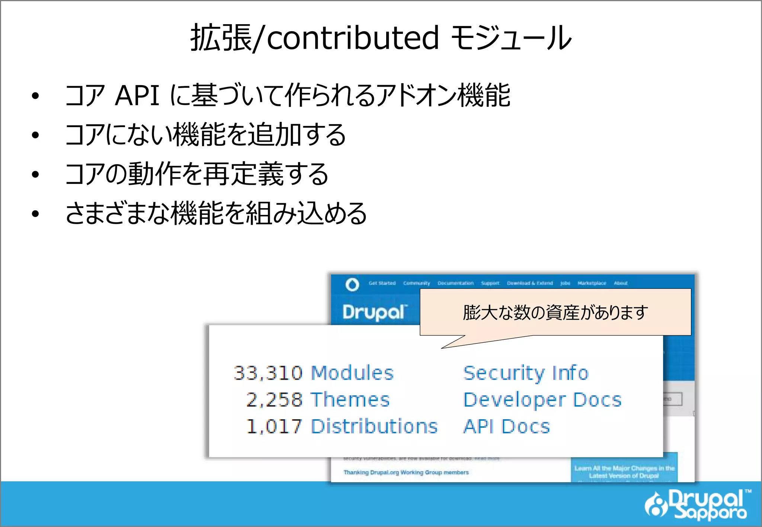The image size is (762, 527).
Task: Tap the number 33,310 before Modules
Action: (268, 373)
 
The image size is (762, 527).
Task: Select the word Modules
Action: (352, 373)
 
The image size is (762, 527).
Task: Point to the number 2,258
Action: (274, 400)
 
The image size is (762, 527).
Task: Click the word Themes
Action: (350, 400)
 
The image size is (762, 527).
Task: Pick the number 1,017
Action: (274, 426)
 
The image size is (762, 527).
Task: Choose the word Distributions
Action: (374, 426)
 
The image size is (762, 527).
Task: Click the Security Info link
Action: (526, 373)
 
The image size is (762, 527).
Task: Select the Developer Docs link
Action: (542, 400)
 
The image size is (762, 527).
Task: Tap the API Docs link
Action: (507, 426)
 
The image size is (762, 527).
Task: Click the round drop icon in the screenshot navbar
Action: (352, 284)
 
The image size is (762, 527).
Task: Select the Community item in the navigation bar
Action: (416, 283)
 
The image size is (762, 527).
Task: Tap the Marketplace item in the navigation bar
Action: (592, 283)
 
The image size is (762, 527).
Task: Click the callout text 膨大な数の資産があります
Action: (555, 312)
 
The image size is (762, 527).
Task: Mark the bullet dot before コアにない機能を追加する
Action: (35, 135)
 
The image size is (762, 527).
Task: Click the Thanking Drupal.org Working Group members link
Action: (406, 472)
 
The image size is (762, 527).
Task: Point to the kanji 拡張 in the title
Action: (221, 38)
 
